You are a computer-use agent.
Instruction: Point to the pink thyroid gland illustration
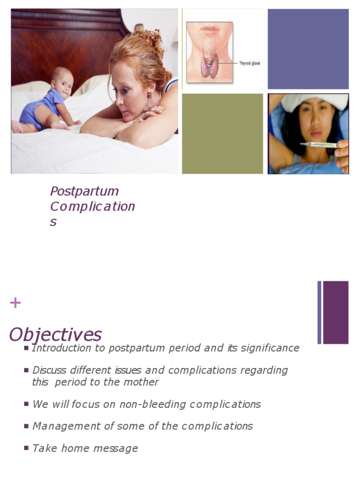[x=209, y=67]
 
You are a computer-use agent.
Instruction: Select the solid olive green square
[x=222, y=134]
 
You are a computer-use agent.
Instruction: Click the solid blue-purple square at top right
[x=308, y=49]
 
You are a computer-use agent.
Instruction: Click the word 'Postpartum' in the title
[x=84, y=191]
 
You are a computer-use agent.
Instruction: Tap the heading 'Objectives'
[x=55, y=335]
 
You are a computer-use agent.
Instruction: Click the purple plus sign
[x=15, y=303]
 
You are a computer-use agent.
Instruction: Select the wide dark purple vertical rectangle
[x=336, y=312]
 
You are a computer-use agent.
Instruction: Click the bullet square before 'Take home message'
[x=26, y=448]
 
